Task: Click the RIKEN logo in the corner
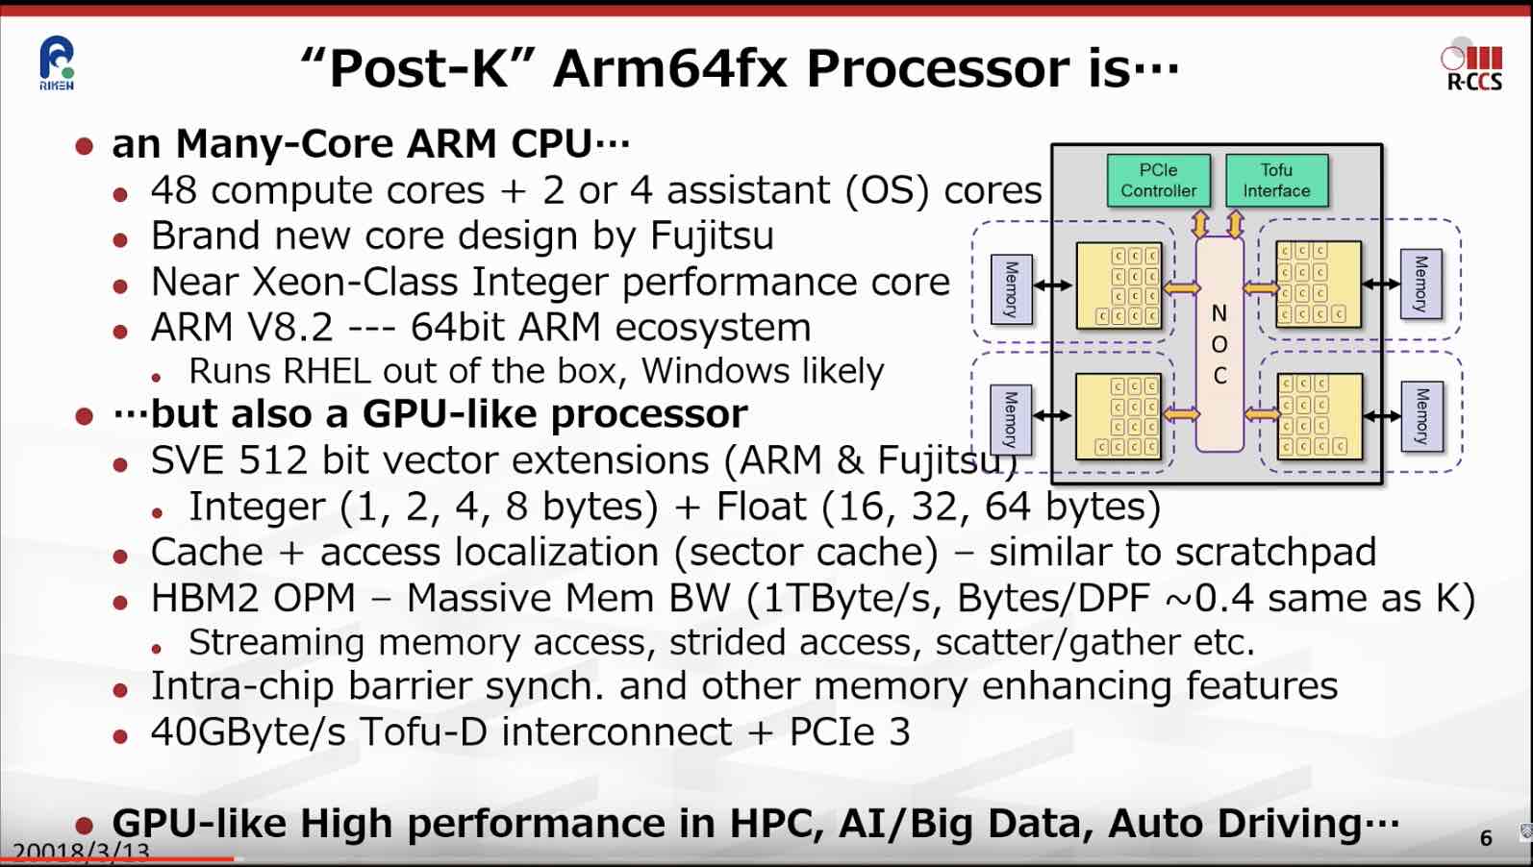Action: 57,63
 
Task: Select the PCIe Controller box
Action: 1158,181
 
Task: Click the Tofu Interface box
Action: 1276,181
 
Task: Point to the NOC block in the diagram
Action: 1219,344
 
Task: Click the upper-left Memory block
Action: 1012,288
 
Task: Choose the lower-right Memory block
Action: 1421,416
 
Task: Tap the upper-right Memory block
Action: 1421,284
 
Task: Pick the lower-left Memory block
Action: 1012,419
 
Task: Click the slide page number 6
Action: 1486,838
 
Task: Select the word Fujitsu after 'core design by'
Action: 712,236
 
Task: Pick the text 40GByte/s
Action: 248,732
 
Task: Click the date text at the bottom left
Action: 82,852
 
